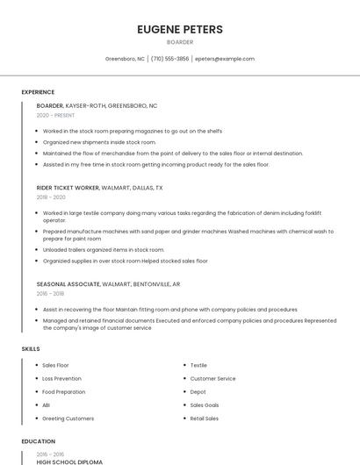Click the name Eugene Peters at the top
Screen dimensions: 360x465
180,30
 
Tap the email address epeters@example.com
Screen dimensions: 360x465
225,59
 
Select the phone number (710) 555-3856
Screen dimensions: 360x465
169,59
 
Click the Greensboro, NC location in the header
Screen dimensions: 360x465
125,59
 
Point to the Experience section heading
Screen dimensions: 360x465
38,92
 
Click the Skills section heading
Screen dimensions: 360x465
31,349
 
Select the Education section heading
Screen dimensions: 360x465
38,441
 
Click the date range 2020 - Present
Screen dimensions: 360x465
55,115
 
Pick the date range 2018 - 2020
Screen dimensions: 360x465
51,197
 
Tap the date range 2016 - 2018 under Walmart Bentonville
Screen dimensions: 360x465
51,294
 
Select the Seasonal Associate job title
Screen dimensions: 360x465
68,284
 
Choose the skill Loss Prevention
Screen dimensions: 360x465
61,378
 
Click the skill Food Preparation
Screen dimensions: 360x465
63,391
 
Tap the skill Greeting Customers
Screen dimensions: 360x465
68,418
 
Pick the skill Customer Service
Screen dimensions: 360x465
212,378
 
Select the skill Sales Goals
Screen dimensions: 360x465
205,405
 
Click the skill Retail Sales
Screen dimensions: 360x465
205,418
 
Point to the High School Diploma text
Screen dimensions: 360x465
69,461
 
